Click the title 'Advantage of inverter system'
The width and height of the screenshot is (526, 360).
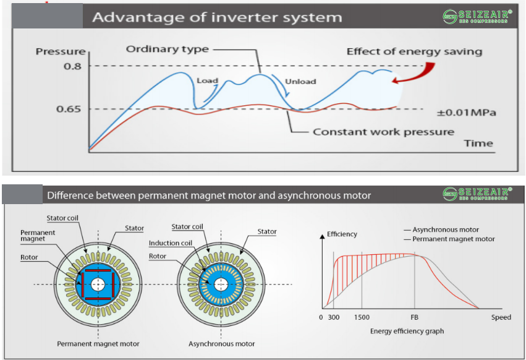(x=216, y=17)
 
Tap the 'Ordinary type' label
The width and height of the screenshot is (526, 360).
(x=168, y=49)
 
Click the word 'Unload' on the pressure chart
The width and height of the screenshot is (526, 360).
(x=300, y=81)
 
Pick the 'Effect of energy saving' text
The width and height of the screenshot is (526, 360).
(x=414, y=51)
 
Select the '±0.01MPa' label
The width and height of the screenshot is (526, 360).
(x=467, y=113)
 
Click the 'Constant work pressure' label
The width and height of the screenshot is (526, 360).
(x=383, y=132)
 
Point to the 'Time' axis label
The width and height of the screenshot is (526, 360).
(x=478, y=144)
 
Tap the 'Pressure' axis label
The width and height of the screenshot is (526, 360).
(x=60, y=51)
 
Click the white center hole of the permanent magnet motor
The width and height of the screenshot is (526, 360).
(x=97, y=284)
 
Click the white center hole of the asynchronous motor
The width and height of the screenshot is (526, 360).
(x=221, y=284)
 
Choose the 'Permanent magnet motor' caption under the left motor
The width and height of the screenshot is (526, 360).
(x=98, y=344)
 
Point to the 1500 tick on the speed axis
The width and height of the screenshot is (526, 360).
(x=362, y=317)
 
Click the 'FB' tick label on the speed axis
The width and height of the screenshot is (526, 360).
(x=414, y=317)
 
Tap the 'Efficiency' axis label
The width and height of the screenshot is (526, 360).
(x=342, y=235)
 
